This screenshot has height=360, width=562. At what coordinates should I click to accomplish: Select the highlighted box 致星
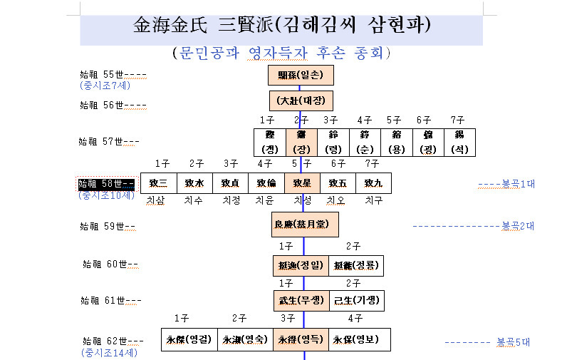(302, 183)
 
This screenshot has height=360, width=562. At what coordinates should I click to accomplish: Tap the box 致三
(157, 183)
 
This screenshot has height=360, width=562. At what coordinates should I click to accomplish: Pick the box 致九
(373, 183)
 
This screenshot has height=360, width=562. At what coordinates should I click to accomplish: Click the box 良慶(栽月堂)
(305, 225)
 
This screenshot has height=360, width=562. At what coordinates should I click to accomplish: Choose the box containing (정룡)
(356, 266)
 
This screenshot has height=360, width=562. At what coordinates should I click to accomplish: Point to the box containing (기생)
(356, 301)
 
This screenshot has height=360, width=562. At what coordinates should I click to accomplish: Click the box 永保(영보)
(360, 340)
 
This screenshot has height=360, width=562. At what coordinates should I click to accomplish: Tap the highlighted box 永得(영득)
(301, 340)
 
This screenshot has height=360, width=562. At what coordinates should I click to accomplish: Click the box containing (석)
(459, 143)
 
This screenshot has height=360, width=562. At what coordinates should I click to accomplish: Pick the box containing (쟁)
(269, 143)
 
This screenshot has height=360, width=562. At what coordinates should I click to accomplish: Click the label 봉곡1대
(519, 184)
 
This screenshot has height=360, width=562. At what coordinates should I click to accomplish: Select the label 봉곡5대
(513, 342)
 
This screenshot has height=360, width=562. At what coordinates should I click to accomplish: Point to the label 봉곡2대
(518, 227)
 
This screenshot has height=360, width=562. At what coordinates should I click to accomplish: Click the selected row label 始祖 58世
(106, 184)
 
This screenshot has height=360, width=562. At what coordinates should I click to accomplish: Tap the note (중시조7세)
(105, 85)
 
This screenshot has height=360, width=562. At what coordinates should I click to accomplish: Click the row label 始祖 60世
(110, 264)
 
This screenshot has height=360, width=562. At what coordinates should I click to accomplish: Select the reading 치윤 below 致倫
(265, 201)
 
